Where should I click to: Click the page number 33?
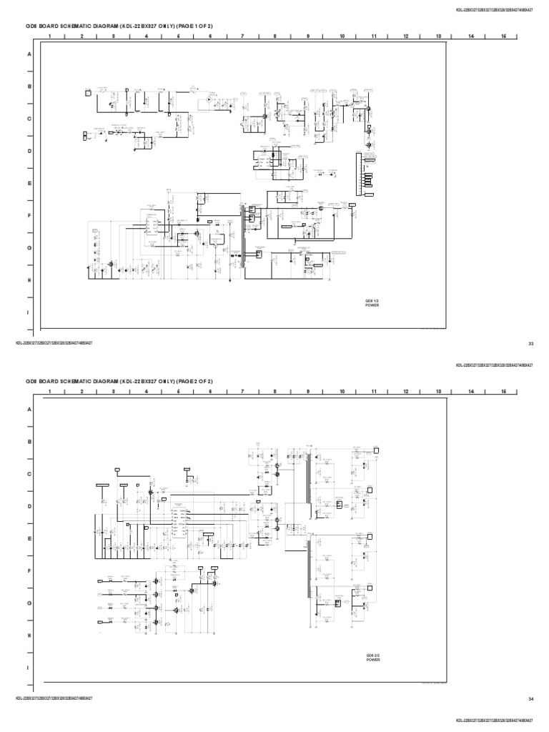pos(530,344)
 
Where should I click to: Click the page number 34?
pos(530,698)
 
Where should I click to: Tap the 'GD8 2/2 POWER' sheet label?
pos(372,658)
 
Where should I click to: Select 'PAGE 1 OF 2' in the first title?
pos(198,26)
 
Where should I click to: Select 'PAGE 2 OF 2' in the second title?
pos(198,381)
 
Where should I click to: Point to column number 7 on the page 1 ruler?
pos(242,36)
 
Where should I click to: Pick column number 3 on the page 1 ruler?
pos(114,36)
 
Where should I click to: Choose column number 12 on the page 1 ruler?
pos(405,36)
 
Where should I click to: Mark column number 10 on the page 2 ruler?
pos(342,392)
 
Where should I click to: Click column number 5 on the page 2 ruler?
pos(178,392)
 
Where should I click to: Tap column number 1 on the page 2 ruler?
pos(50,392)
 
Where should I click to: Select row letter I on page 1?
pos(29,312)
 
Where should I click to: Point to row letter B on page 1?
pos(29,86)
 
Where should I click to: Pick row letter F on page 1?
pos(29,215)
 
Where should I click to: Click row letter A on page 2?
pos(29,410)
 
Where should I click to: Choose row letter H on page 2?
pos(29,635)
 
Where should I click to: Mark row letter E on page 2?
pos(29,538)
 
